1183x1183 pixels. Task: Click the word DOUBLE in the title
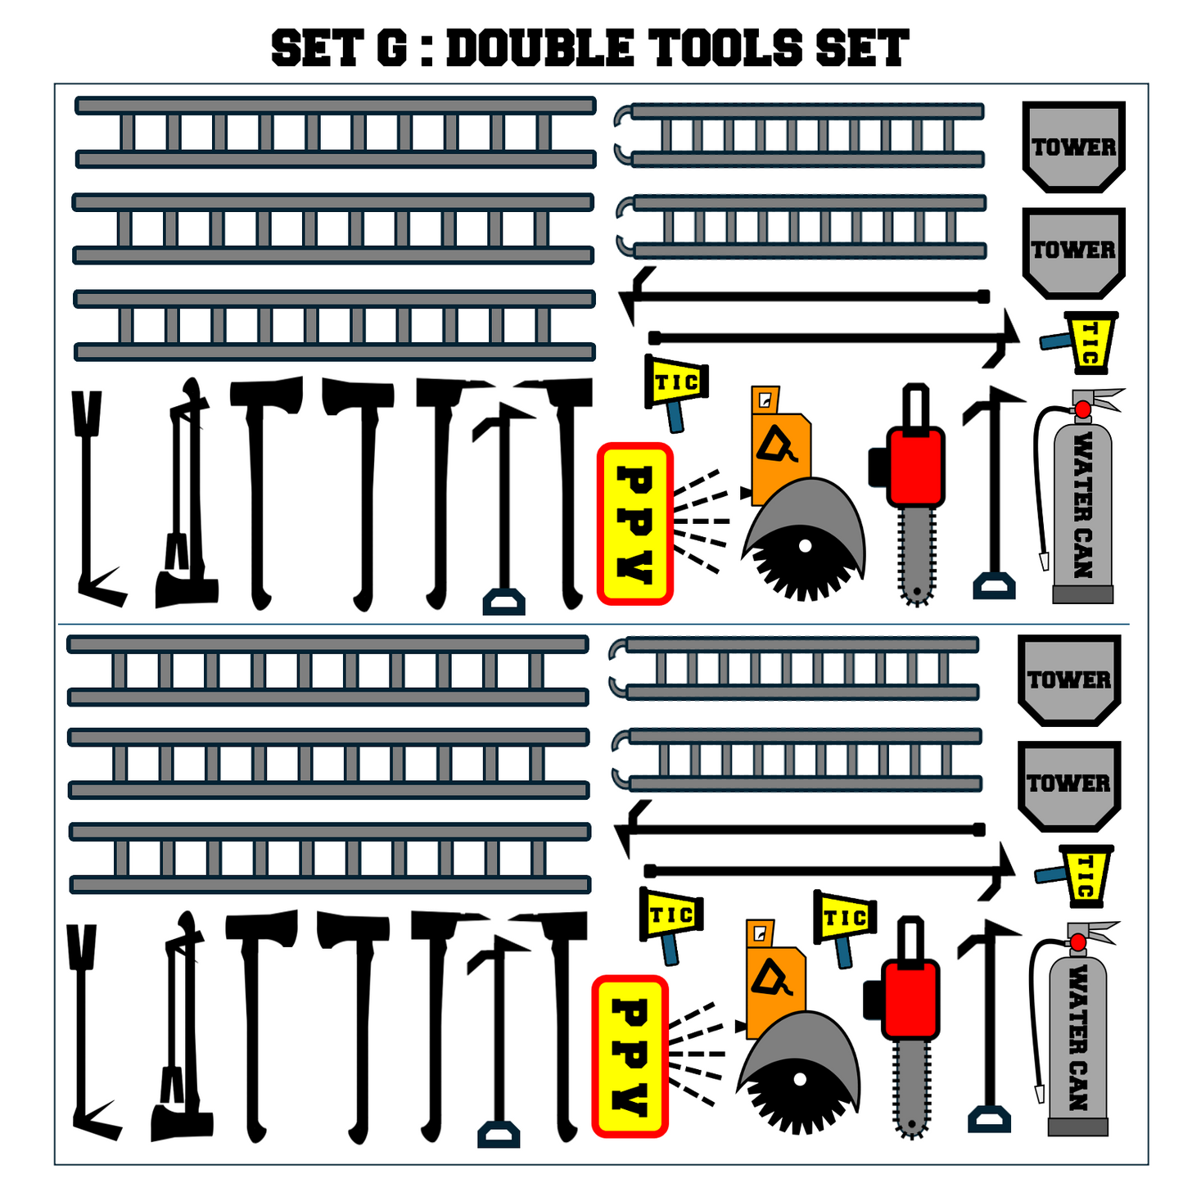(540, 47)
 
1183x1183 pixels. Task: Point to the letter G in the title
(391, 47)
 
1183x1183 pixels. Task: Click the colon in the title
(427, 48)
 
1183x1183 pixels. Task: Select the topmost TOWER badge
(1073, 146)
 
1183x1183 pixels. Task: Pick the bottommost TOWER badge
(1069, 787)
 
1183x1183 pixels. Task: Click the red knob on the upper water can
(1082, 409)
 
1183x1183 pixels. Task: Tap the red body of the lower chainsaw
(910, 1000)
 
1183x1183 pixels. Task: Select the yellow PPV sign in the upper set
(634, 524)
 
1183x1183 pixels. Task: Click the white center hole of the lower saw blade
(800, 1079)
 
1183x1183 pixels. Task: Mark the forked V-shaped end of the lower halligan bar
(81, 947)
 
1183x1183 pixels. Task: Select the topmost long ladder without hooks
(335, 132)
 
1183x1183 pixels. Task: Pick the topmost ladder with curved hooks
(799, 135)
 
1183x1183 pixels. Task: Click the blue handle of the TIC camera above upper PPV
(675, 418)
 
